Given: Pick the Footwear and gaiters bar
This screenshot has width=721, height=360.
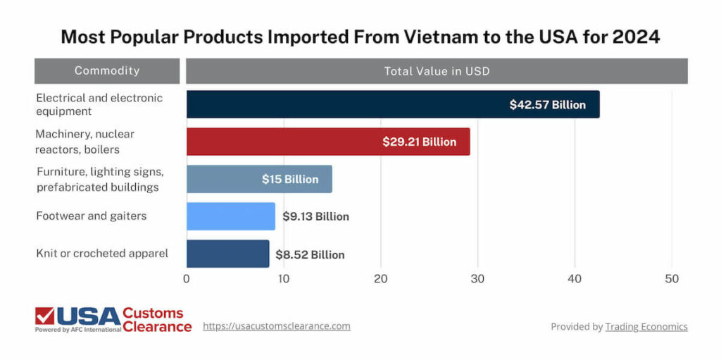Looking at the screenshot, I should pos(230,216).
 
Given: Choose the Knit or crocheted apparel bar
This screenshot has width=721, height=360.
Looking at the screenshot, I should pos(227,254).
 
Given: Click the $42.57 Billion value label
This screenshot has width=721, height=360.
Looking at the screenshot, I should pos(547,105).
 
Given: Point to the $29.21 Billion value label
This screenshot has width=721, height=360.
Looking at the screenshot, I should pos(419,142).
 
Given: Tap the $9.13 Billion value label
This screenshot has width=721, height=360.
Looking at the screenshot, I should pos(315,216).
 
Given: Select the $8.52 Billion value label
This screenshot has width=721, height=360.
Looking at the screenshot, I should pos(310,254).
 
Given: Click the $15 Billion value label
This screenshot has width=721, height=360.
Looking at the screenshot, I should pos(290,179).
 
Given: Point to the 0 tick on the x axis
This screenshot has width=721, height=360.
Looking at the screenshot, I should pos(187,279).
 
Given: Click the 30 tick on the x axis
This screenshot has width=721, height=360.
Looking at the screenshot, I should pos(478,279).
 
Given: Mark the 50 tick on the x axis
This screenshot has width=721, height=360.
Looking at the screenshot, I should pos(672,279).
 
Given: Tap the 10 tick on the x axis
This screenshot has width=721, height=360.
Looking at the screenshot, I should pos(283,279).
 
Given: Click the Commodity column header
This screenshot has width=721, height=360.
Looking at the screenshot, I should pos(107,71).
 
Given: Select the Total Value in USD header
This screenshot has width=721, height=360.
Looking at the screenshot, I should pos(437,71).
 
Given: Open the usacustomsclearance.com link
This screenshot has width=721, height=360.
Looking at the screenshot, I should pos(276,326).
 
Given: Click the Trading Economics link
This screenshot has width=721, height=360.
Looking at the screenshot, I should pos(646,327).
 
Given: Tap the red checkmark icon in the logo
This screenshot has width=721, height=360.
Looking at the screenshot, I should pos(45,316).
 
